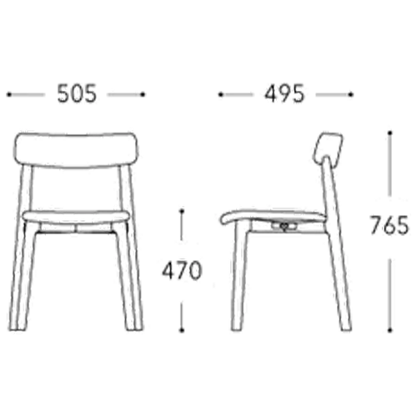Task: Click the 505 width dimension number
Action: point(77,93)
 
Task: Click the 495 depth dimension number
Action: point(284,93)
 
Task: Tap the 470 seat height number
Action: point(182,270)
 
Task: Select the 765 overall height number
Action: point(389,225)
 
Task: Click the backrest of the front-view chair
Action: point(76,150)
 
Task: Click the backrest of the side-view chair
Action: point(328,148)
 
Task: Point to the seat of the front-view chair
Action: point(76,216)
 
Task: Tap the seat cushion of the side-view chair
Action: point(273,217)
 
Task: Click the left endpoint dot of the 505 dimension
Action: point(9,94)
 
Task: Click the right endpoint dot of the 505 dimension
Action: point(143,94)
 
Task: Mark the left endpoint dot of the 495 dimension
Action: point(220,94)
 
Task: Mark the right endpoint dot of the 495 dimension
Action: point(351,94)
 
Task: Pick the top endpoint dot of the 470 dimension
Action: point(182,211)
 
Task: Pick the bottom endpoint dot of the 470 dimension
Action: point(182,330)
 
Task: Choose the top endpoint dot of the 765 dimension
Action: point(390,133)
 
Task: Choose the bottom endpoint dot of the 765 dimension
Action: point(390,330)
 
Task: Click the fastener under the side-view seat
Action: point(284,227)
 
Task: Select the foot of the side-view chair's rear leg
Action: point(346,329)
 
